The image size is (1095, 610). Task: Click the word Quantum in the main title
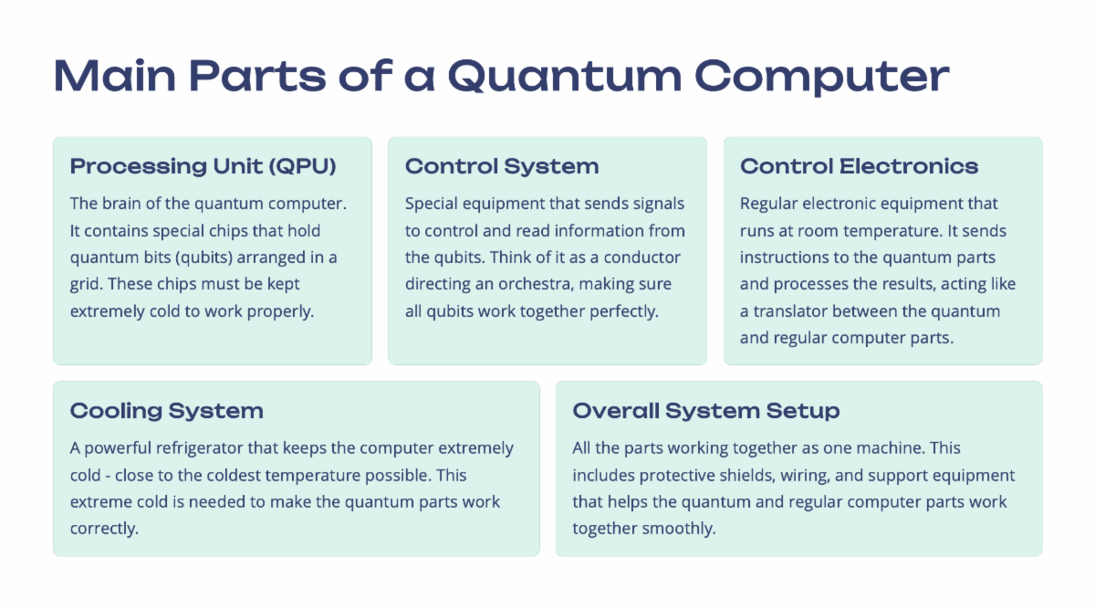click(x=565, y=77)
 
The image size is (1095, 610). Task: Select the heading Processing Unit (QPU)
click(x=203, y=166)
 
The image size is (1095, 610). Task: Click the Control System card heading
click(x=502, y=166)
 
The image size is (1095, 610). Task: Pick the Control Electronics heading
click(x=859, y=166)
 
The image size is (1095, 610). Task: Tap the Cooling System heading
click(x=167, y=411)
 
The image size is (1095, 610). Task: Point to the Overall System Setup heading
click(x=706, y=411)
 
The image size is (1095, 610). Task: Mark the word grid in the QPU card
click(x=86, y=285)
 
